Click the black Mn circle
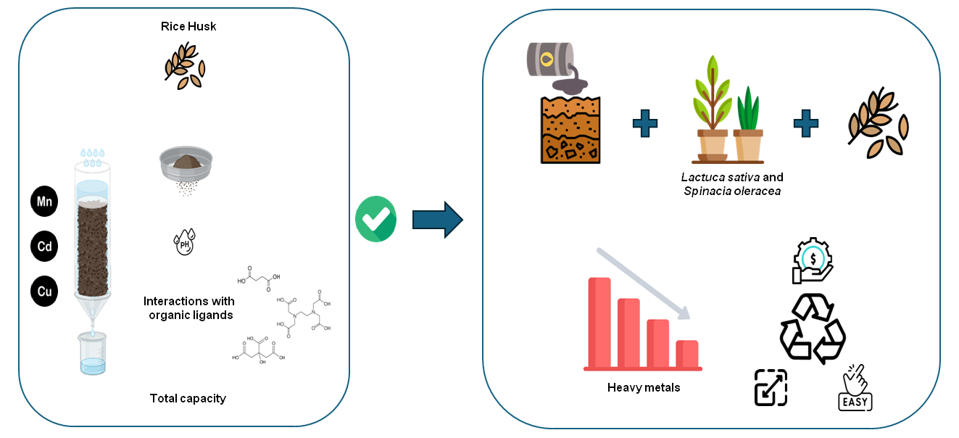pyautogui.click(x=44, y=202)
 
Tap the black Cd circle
pyautogui.click(x=44, y=247)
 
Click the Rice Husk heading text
pyautogui.click(x=188, y=27)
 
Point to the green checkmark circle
pyautogui.click(x=375, y=219)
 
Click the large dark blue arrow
pyautogui.click(x=437, y=219)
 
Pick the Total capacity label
pyautogui.click(x=188, y=398)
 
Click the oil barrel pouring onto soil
pyautogui.click(x=552, y=59)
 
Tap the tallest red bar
pyautogui.click(x=599, y=323)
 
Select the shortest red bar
pyautogui.click(x=686, y=354)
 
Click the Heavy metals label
pyautogui.click(x=644, y=387)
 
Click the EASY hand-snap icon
pyautogui.click(x=855, y=387)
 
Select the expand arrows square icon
pyautogui.click(x=771, y=387)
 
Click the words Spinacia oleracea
pyautogui.click(x=732, y=191)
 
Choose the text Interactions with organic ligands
pyautogui.click(x=188, y=307)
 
